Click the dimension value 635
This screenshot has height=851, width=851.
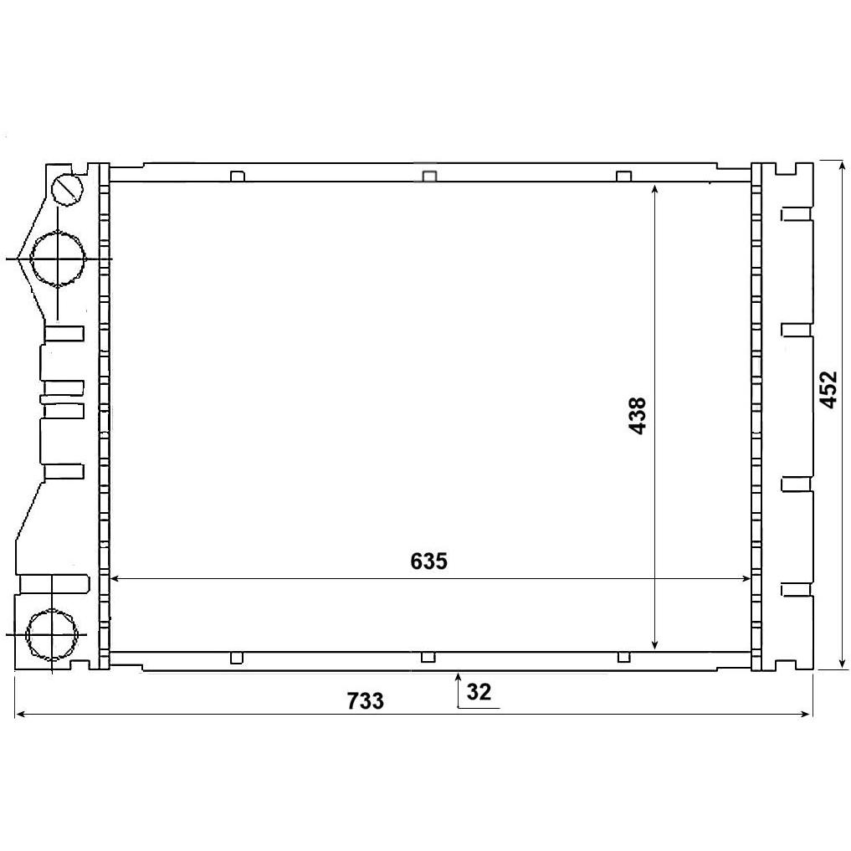point(428,561)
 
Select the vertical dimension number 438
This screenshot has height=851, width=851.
point(638,416)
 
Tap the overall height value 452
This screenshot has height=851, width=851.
point(828,389)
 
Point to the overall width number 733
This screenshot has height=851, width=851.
point(366,700)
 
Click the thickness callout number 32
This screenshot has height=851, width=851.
point(479,692)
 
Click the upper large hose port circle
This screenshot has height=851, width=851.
point(58,259)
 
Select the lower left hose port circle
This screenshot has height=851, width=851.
point(51,634)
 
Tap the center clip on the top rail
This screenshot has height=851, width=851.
point(429,177)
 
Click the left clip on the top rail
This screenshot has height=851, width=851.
point(237,177)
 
